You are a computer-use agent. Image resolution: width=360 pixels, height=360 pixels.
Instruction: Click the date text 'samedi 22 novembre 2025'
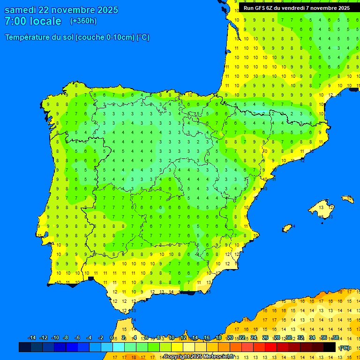(x=61, y=10)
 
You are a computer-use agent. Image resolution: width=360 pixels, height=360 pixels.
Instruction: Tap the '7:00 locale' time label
(x=33, y=21)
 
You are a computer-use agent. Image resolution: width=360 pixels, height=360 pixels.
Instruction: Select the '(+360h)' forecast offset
(x=83, y=21)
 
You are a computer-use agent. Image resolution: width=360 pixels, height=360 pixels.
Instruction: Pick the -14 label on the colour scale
(x=32, y=338)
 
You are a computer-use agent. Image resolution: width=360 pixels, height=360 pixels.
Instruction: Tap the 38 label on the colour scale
(x=335, y=338)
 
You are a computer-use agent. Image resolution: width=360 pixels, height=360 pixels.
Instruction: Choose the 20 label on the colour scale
(x=230, y=338)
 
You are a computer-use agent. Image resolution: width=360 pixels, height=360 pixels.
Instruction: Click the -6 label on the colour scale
(x=77, y=338)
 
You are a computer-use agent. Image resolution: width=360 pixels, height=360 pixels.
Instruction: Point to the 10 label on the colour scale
(x=172, y=338)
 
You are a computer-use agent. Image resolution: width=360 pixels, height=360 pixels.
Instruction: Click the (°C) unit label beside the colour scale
(x=345, y=348)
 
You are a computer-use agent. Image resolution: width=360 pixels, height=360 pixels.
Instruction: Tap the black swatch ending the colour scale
(x=330, y=347)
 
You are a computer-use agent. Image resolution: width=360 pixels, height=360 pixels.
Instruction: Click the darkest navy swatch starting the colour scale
(x=25, y=347)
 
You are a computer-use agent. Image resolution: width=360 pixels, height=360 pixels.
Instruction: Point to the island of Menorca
(x=348, y=199)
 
